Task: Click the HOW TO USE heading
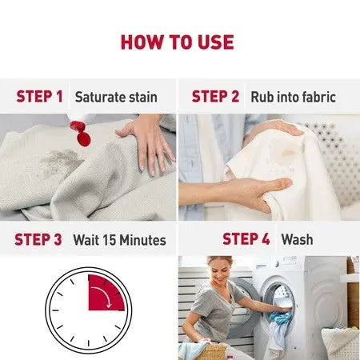tap(177, 42)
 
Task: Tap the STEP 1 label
tap(39, 97)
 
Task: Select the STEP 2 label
tap(215, 97)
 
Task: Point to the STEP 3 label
tap(39, 239)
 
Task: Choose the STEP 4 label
tap(246, 239)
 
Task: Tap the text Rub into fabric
tap(293, 97)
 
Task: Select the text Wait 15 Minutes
tap(119, 239)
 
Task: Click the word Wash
tap(297, 239)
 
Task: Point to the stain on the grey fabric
tap(60, 161)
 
